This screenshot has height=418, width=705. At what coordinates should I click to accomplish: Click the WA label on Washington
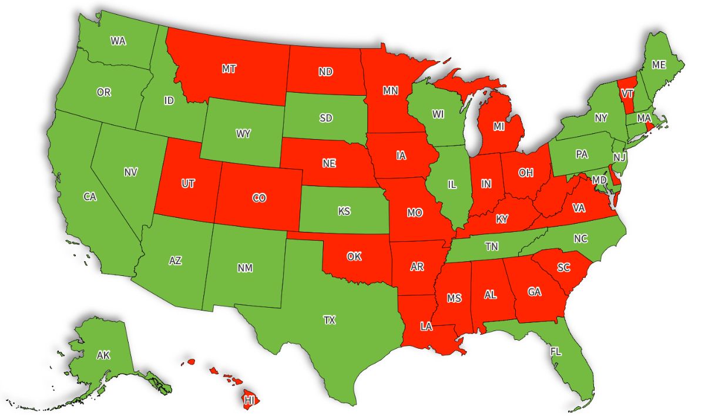click(118, 41)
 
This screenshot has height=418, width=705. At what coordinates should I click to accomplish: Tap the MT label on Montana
click(229, 69)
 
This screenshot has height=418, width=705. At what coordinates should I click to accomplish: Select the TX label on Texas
click(329, 320)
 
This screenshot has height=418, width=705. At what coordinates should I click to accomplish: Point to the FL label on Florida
click(556, 352)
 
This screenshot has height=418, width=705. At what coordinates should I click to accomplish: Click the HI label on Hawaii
click(250, 400)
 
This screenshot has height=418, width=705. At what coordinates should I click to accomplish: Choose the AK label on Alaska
click(103, 355)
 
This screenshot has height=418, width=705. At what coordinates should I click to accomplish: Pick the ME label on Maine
click(659, 64)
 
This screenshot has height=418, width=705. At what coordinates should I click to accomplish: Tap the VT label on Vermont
click(627, 94)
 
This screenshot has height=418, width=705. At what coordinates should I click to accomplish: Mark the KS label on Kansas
click(344, 211)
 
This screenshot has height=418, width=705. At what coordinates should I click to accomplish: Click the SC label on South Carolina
click(563, 267)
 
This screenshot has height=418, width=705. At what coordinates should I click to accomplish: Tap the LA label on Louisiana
click(426, 326)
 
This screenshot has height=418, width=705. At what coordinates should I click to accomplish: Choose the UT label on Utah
click(187, 184)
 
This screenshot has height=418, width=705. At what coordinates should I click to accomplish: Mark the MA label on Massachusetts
click(644, 118)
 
